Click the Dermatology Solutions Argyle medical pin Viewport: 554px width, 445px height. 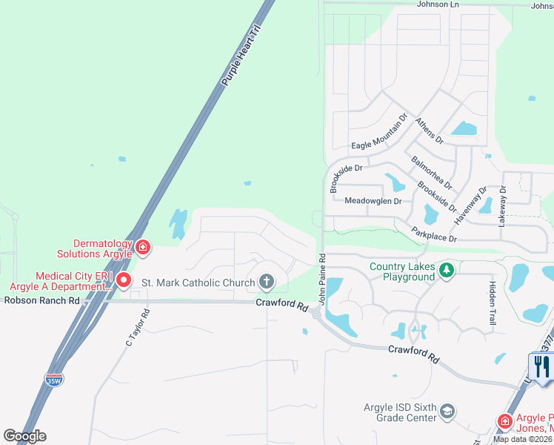(x=142, y=248)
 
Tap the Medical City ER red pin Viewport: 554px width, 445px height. (x=123, y=280)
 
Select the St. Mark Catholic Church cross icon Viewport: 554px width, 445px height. (x=266, y=282)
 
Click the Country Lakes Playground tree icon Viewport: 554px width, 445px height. (x=446, y=269)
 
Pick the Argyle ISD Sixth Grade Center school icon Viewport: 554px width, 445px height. (x=447, y=411)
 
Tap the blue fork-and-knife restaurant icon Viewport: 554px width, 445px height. (x=541, y=365)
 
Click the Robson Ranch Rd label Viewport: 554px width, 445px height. (x=41, y=300)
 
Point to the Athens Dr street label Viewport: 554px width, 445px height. (x=429, y=131)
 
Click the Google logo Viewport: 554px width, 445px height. (x=25, y=436)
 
